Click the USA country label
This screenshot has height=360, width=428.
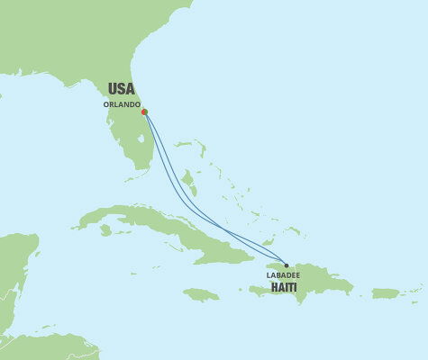coord(121,88)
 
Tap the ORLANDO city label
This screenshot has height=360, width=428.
coord(121,103)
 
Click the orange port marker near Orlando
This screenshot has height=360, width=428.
coord(144,112)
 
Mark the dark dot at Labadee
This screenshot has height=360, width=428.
coord(287,265)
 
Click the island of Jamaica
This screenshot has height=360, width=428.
coord(200,294)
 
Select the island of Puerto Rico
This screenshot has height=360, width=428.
coord(385,292)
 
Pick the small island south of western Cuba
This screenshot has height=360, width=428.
coord(105,230)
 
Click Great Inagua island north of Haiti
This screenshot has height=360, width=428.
coord(269,243)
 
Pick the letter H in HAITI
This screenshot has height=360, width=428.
coord(274,289)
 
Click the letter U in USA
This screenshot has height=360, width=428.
coord(112,88)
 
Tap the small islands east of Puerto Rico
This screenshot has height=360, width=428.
coord(414,290)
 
